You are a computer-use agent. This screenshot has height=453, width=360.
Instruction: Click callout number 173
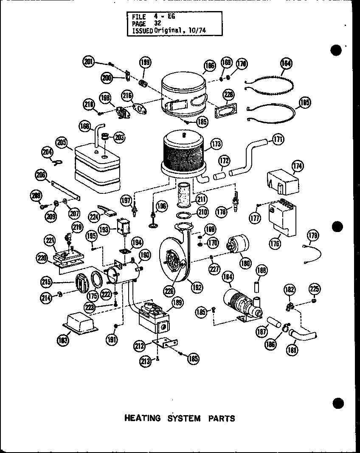point(216,144)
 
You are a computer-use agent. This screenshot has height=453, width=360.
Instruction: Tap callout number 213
point(146,362)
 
